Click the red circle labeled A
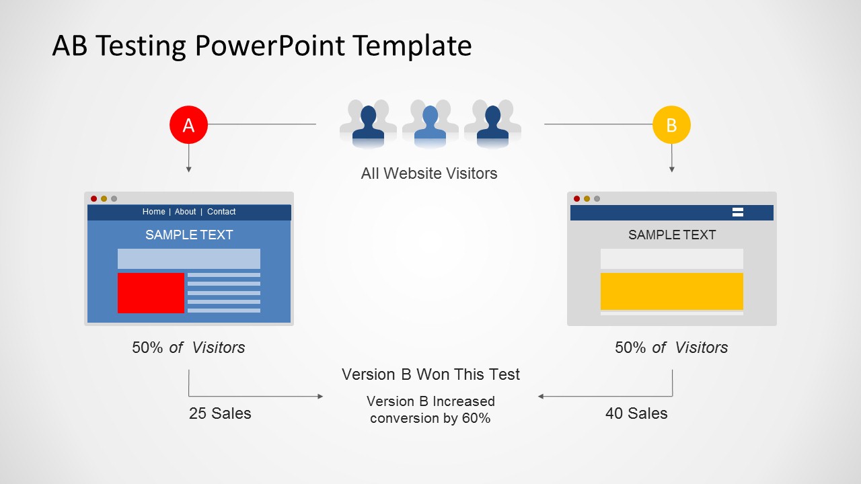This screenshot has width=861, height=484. [x=188, y=125]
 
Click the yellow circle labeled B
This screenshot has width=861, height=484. [x=671, y=125]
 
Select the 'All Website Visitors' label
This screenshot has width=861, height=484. [x=429, y=173]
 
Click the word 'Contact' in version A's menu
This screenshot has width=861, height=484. [x=221, y=212]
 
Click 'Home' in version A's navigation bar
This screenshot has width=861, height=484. [x=153, y=212]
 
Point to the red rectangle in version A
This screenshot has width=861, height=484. [x=151, y=293]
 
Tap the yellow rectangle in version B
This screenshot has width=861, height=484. [x=671, y=291]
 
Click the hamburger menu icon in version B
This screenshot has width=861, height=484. [x=737, y=212]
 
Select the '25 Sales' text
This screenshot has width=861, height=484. [x=220, y=413]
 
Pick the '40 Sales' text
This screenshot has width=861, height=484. [x=636, y=413]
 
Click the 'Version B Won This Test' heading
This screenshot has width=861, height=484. [x=430, y=374]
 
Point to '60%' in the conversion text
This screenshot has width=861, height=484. [x=476, y=418]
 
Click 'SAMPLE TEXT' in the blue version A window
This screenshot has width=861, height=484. [x=189, y=235]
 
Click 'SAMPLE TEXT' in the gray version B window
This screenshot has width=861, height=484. [x=671, y=235]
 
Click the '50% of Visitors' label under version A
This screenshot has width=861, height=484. [x=188, y=348]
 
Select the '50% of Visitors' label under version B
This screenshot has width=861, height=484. [x=671, y=348]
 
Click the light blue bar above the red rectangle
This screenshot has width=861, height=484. [x=189, y=259]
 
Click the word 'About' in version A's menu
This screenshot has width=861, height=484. [x=186, y=212]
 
